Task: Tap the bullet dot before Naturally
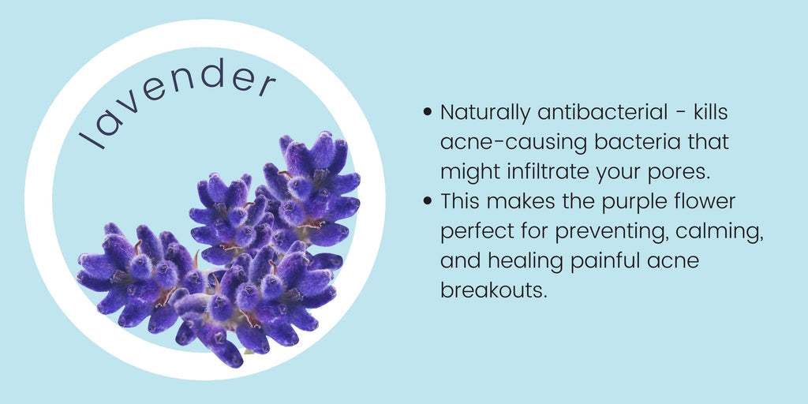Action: [427, 112]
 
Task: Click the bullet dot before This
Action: [427, 201]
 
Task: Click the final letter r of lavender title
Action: [267, 84]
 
